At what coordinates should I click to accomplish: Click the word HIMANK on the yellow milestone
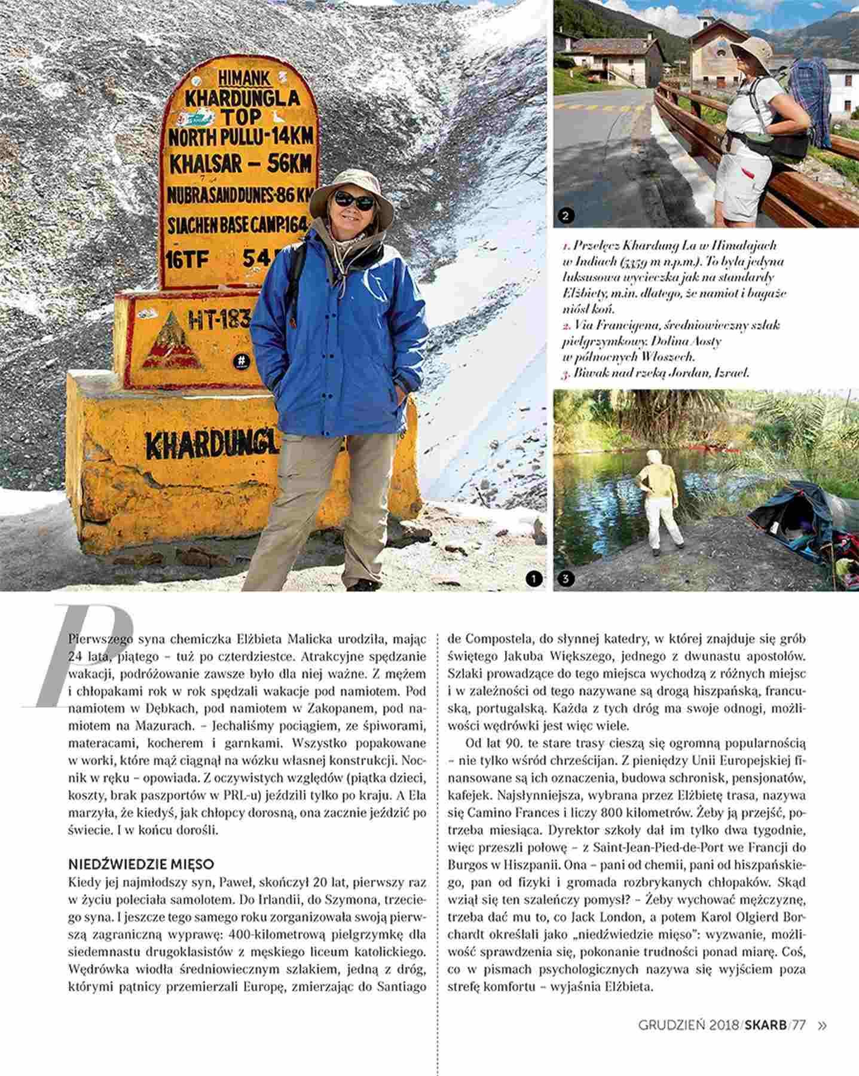pyautogui.click(x=243, y=78)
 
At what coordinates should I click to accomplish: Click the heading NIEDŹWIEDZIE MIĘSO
pyautogui.click(x=141, y=864)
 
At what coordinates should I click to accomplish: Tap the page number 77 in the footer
pyautogui.click(x=799, y=1025)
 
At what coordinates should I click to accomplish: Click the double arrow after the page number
pyautogui.click(x=823, y=1025)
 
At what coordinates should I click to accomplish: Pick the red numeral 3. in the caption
pyautogui.click(x=567, y=372)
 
